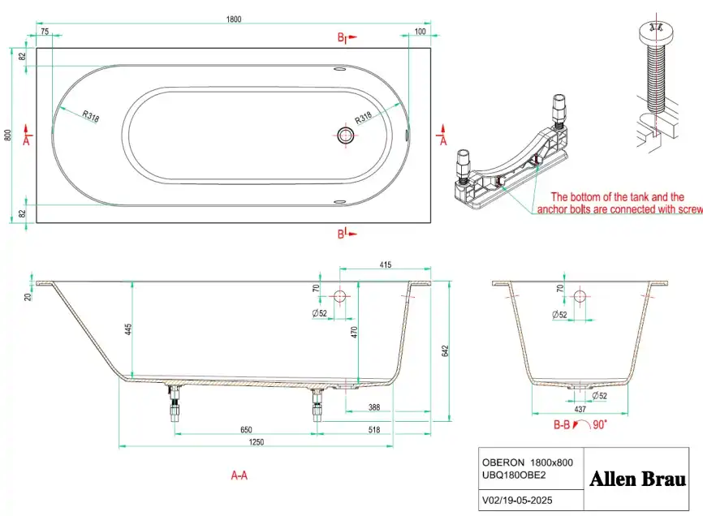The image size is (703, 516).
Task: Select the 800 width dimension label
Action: pyautogui.click(x=8, y=135)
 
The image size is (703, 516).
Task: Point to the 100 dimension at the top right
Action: pyautogui.click(x=420, y=32)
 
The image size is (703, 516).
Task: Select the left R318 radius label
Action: pyautogui.click(x=89, y=116)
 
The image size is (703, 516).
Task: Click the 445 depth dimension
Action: pyautogui.click(x=128, y=329)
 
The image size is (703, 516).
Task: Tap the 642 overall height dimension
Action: pyautogui.click(x=444, y=351)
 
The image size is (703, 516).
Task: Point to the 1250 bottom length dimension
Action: pyautogui.click(x=257, y=442)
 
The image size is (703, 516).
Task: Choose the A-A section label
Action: pyautogui.click(x=239, y=476)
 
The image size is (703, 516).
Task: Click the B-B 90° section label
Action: pyautogui.click(x=578, y=424)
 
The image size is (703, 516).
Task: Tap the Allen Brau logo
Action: pyautogui.click(x=636, y=478)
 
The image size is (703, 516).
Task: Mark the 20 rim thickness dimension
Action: pyautogui.click(x=29, y=297)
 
